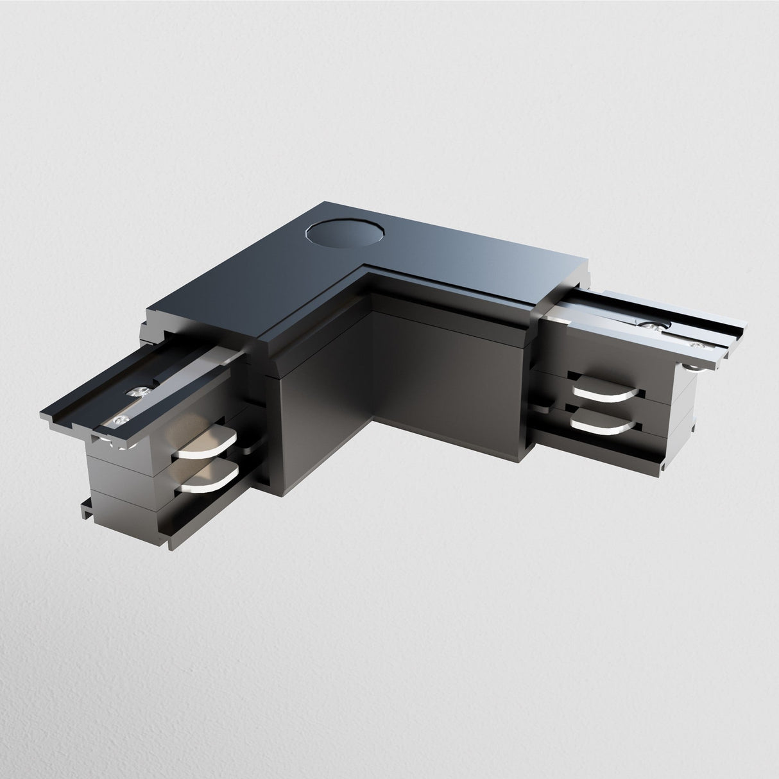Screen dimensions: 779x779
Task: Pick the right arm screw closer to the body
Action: point(649,325)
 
